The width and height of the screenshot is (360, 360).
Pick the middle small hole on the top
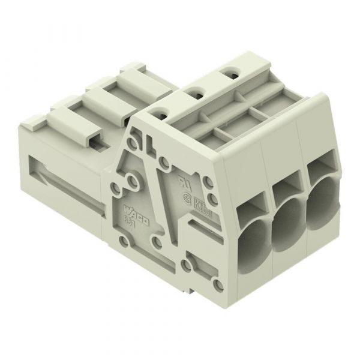[194, 92]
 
